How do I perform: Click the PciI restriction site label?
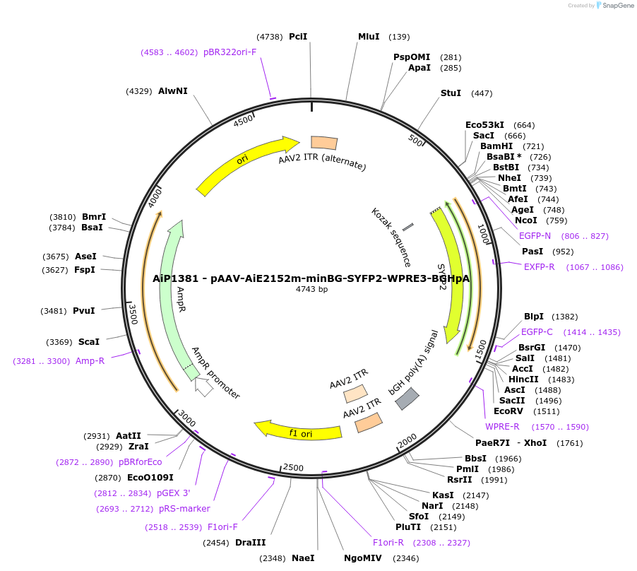[x=298, y=36]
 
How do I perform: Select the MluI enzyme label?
[x=369, y=36]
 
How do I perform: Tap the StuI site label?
[x=451, y=93]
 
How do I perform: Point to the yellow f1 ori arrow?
[x=297, y=431]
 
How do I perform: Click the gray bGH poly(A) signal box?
[x=407, y=399]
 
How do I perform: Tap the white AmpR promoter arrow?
[x=203, y=387]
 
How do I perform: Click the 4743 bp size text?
[x=311, y=289]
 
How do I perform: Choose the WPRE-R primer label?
[x=502, y=426]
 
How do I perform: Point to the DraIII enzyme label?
[x=250, y=542]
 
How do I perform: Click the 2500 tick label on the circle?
[x=292, y=468]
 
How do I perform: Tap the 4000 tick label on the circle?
[x=155, y=197]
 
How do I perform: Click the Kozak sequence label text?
[x=391, y=237]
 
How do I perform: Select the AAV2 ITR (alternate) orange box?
[x=324, y=143]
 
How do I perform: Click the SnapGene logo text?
[x=615, y=6]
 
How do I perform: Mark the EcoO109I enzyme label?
[x=150, y=477]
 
